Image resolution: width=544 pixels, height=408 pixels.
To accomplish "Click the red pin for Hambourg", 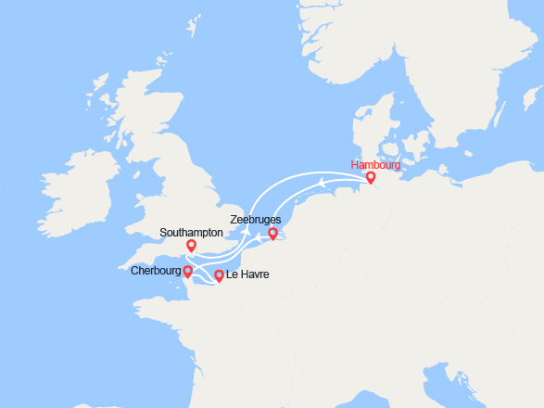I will [x=371, y=177].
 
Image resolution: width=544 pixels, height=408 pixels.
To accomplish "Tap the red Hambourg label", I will [x=375, y=165].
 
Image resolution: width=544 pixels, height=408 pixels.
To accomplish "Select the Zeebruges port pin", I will [x=272, y=234].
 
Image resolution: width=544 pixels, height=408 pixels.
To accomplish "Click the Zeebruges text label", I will [x=256, y=220].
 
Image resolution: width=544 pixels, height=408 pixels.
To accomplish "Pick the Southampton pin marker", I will [x=191, y=245].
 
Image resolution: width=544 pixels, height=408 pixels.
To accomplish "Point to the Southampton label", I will [x=191, y=233].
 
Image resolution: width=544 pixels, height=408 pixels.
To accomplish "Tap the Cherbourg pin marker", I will [x=187, y=271].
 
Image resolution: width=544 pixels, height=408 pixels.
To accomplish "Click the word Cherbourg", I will [x=156, y=271].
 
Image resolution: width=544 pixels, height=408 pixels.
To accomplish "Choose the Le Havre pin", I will [x=219, y=274].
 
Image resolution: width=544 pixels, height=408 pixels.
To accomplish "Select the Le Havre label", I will [x=247, y=275].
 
